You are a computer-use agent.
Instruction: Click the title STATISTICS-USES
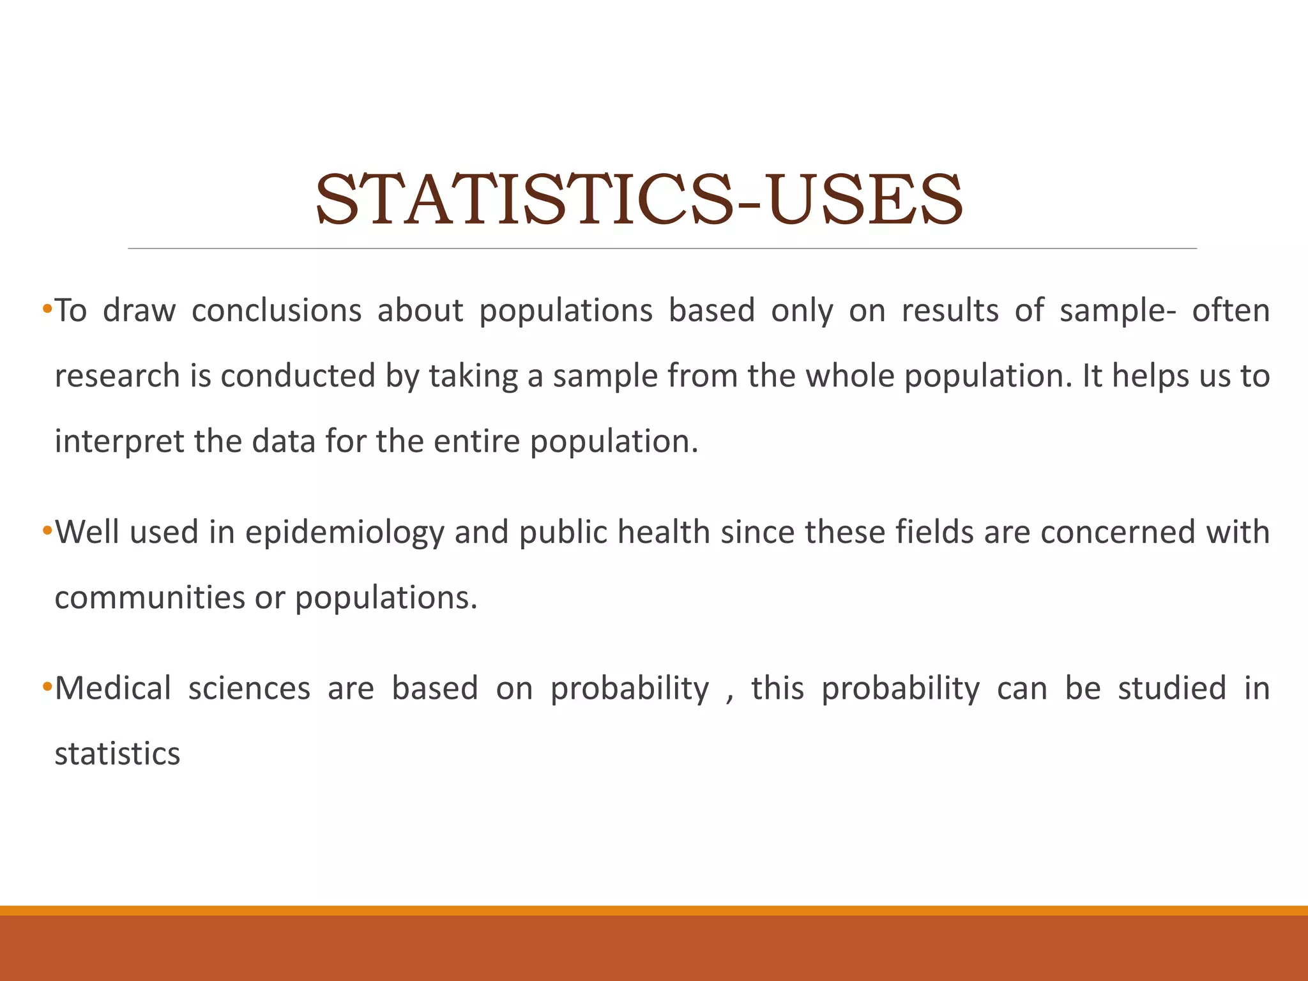(x=639, y=199)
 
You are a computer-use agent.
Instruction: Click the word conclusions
(x=277, y=311)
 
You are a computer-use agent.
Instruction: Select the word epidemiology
(x=344, y=533)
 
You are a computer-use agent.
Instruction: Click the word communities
(x=149, y=598)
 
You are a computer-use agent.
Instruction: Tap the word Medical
(x=113, y=688)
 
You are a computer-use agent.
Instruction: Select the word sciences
(x=249, y=688)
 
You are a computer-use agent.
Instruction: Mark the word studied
(x=1171, y=688)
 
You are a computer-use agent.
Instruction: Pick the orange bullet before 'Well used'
(x=47, y=531)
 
